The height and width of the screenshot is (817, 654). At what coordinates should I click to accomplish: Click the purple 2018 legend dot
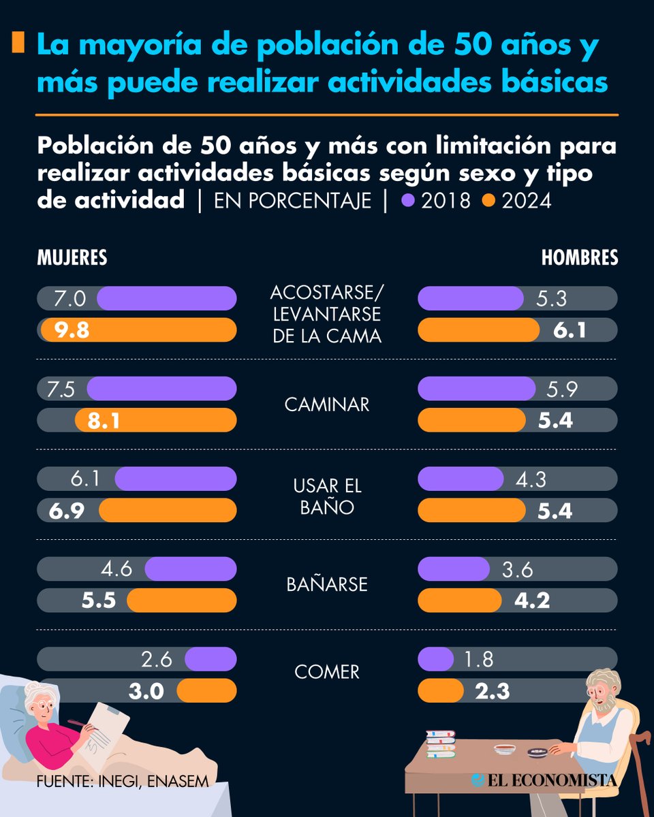408,202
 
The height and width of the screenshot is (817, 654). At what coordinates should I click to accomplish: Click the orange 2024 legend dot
488,202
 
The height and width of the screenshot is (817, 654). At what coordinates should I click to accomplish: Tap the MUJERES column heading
72,257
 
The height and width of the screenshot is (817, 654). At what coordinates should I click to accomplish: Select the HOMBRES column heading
579,257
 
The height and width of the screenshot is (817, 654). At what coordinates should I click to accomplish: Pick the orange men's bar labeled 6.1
478,330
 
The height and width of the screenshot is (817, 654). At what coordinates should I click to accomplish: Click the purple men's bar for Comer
435,659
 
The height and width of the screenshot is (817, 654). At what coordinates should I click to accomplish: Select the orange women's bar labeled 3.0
206,690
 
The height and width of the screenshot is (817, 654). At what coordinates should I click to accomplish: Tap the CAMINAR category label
327,404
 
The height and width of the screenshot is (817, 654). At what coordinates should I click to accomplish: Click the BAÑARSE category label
327,584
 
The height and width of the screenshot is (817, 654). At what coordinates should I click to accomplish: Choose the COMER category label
327,673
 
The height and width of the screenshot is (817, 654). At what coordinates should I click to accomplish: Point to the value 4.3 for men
531,479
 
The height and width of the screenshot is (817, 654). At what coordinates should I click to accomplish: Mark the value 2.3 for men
493,691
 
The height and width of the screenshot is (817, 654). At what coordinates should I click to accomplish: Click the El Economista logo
544,780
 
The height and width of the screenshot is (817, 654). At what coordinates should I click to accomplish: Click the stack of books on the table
440,743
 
